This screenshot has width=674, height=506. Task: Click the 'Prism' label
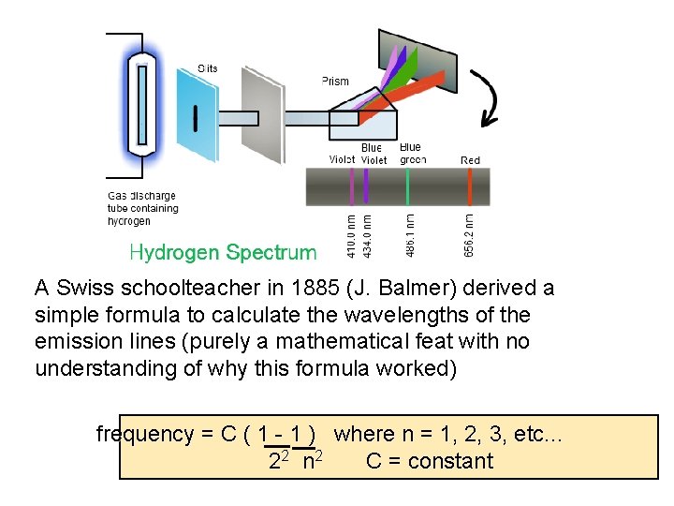pos(335,82)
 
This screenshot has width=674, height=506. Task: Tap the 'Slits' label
pos(208,68)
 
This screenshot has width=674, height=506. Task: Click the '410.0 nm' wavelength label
pos(351,235)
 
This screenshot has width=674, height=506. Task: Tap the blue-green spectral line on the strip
pos(408,186)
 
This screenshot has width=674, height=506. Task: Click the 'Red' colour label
pos(470,160)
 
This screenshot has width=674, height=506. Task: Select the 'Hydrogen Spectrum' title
pos(223,252)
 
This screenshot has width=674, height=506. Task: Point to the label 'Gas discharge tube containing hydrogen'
pos(142,208)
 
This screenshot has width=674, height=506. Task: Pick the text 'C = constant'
pos(429,461)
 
